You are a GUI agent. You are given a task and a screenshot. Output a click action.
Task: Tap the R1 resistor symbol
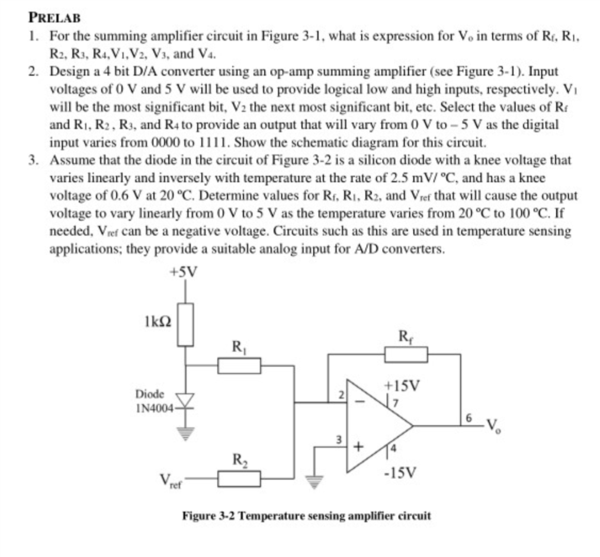(x=239, y=366)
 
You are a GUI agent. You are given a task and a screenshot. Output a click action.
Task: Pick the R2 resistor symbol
(x=239, y=478)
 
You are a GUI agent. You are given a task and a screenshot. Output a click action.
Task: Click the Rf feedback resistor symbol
(x=406, y=355)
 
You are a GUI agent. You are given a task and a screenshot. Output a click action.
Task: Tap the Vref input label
(x=170, y=480)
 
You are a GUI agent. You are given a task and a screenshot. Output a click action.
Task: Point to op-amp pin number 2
(x=341, y=393)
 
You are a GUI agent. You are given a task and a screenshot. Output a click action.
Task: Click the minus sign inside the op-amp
(x=359, y=402)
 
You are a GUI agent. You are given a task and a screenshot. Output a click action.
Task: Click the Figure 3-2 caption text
(x=307, y=516)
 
